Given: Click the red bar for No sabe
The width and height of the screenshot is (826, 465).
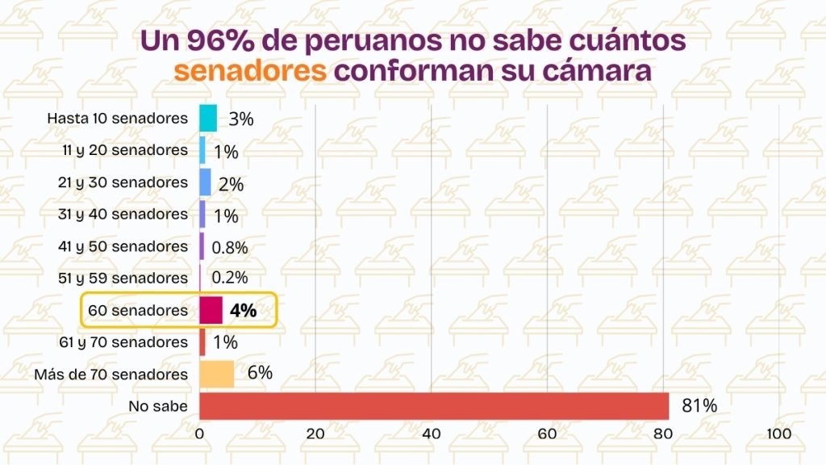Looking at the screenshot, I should (x=434, y=406).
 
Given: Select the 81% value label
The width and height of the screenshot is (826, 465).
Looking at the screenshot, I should (x=699, y=406).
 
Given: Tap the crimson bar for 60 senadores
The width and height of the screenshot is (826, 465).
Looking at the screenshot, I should (x=211, y=310).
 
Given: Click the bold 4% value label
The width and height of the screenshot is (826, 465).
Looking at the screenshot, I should (x=243, y=310).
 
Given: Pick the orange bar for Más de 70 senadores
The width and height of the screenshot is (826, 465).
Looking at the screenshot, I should (x=216, y=374).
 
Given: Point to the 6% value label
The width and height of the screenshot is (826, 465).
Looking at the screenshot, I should (x=259, y=373).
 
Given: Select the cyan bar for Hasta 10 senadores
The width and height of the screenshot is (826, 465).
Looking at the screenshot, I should (x=208, y=118).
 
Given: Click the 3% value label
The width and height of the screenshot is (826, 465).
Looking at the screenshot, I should (x=241, y=119).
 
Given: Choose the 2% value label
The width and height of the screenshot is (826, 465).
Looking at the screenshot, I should (x=231, y=184).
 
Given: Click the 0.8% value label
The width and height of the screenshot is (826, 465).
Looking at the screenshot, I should (x=229, y=247).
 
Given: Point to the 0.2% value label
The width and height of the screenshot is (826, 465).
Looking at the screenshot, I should (x=229, y=279).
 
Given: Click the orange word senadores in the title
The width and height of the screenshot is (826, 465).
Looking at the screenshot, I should (x=250, y=71).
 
